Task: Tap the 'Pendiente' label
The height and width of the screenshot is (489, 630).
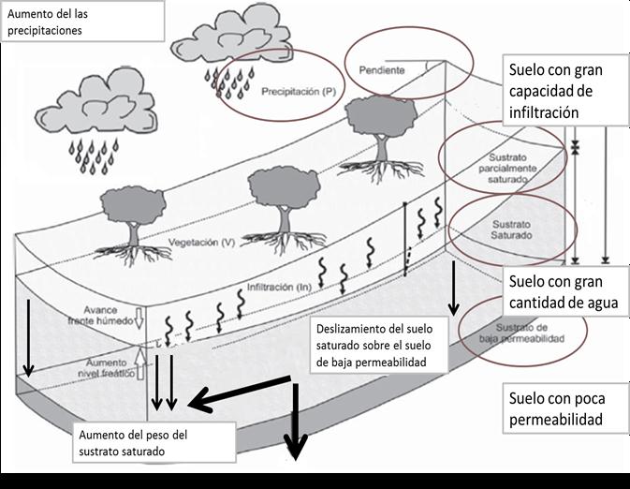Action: (381, 69)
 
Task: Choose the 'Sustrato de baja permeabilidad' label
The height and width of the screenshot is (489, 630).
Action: (524, 333)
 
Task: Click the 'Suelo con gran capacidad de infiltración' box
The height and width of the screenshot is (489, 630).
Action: (554, 92)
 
